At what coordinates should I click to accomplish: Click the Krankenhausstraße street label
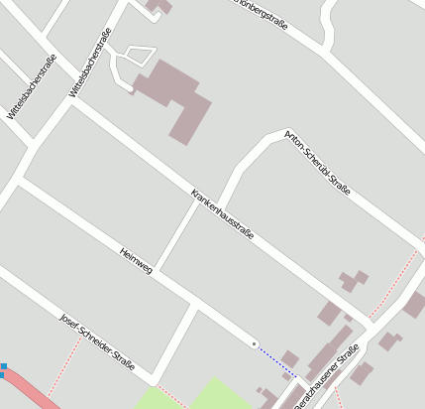coord(223,213)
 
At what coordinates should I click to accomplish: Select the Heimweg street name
coord(136,261)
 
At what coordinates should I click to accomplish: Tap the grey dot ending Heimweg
coord(255,343)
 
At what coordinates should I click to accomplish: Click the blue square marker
coord(3,368)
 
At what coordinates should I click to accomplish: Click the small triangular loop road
coord(134,58)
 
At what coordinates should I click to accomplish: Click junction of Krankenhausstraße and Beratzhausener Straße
coord(369,323)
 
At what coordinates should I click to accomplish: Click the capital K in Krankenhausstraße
coord(194,192)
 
